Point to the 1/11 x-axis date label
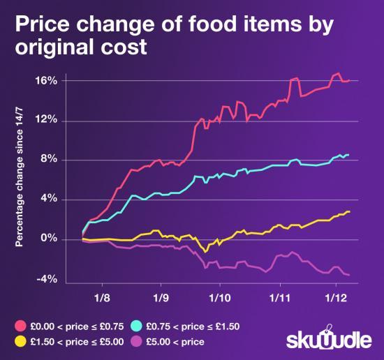(279, 295)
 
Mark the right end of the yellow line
(348, 211)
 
